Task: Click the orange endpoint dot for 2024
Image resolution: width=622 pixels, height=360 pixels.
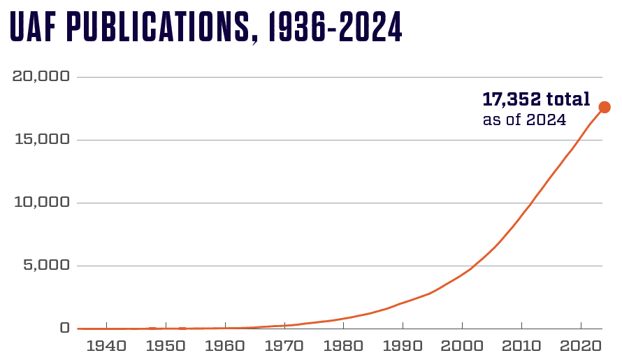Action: pyautogui.click(x=605, y=107)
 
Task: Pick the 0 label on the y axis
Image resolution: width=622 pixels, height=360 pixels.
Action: pyautogui.click(x=64, y=328)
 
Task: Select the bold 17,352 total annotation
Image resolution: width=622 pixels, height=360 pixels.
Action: pyautogui.click(x=536, y=99)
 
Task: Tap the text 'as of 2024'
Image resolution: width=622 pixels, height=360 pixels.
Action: pyautogui.click(x=524, y=120)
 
